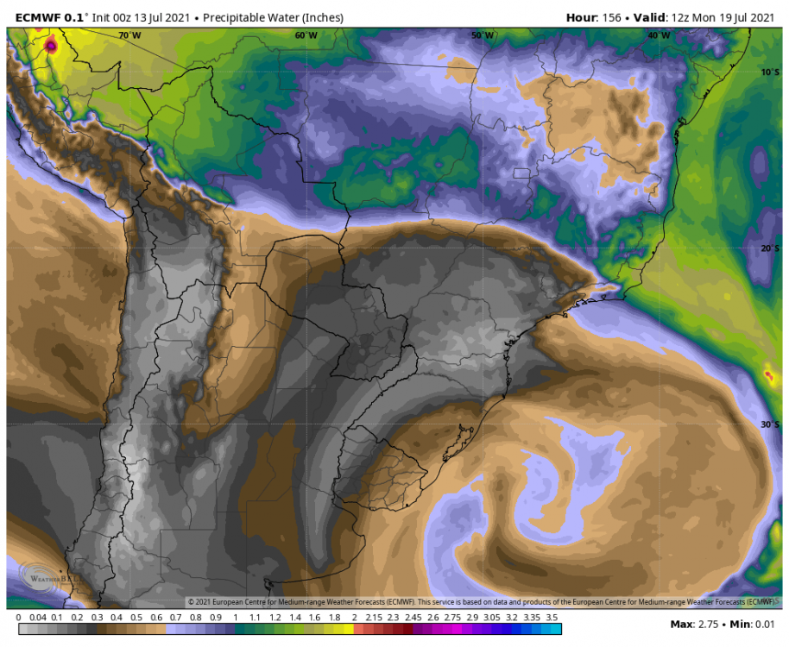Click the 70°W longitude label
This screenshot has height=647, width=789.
129,35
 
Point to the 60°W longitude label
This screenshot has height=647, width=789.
306,35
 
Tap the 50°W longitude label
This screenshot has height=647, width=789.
483,35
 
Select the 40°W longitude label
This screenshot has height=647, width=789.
659,35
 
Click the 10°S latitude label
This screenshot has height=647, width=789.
771,72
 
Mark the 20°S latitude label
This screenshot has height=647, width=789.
771,248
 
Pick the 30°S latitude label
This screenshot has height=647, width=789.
771,424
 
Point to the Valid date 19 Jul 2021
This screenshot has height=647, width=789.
748,17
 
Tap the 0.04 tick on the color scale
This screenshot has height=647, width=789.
37,618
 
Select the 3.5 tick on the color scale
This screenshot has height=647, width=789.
552,618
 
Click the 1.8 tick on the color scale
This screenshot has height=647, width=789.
334,618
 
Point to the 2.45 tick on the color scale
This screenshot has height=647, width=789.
413,618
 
